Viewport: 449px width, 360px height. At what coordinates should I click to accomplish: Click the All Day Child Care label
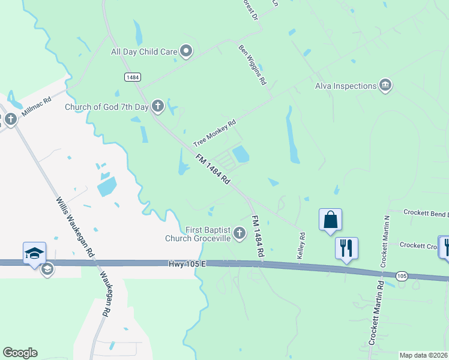tap(144, 52)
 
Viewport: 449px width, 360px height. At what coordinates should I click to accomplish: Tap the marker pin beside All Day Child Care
tap(186, 52)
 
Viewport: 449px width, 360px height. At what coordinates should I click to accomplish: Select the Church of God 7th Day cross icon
tap(158, 107)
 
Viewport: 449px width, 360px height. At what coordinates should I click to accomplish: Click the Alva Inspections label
tap(346, 86)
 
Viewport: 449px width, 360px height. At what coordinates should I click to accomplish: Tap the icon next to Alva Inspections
tap(386, 86)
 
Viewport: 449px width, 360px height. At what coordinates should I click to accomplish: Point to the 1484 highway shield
tap(133, 77)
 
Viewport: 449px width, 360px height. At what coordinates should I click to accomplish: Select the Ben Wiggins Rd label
tap(253, 65)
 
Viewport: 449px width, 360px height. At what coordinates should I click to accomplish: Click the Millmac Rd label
tap(37, 109)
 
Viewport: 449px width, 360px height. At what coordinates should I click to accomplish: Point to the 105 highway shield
tap(403, 275)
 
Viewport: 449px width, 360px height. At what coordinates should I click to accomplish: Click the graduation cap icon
tap(34, 252)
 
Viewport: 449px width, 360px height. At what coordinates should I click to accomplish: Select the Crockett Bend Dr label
tap(426, 213)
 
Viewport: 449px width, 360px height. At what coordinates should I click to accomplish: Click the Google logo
tap(20, 353)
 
